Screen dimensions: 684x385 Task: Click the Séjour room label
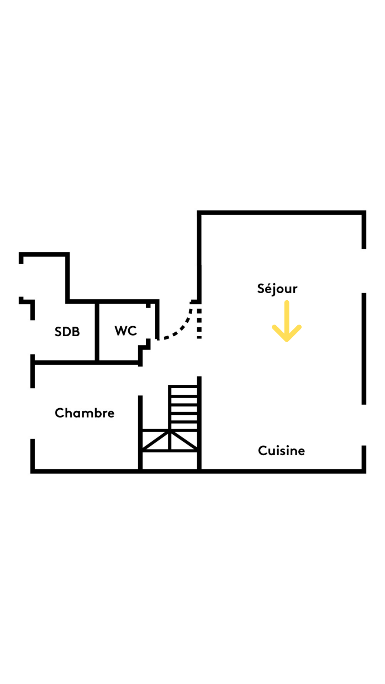277,289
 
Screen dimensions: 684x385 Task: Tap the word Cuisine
281,451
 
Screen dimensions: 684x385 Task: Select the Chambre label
84,413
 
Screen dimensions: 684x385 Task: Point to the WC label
125,331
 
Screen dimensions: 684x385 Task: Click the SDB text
67,332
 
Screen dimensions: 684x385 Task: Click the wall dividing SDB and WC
97,331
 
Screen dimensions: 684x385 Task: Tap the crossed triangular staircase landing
170,441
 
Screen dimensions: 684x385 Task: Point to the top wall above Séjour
282,213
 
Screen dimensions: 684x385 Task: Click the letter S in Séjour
261,289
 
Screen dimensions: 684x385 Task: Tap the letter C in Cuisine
262,451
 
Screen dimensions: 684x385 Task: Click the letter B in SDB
76,332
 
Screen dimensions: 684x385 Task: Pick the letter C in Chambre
59,413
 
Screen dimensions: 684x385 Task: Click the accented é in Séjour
268,289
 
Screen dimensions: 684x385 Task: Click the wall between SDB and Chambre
86,363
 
